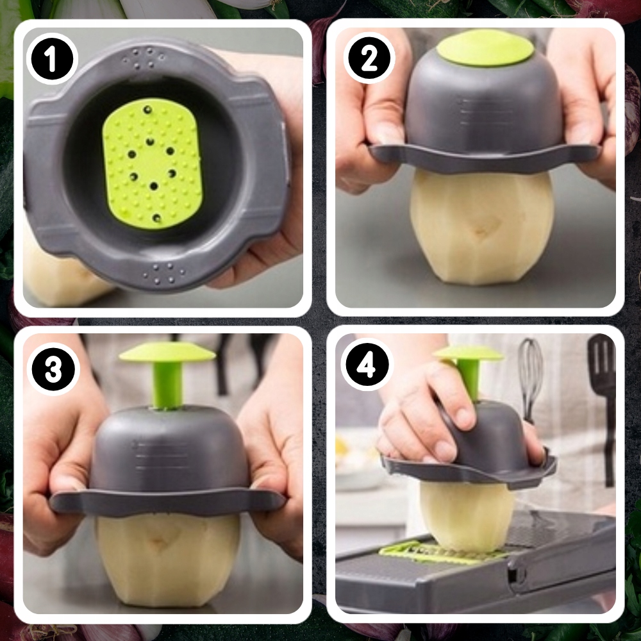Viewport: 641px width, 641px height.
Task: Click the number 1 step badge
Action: click(x=52, y=59)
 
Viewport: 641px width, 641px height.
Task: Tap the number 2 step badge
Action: click(x=369, y=58)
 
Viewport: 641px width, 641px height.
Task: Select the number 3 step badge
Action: click(x=53, y=369)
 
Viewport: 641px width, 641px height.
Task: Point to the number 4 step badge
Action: click(x=367, y=365)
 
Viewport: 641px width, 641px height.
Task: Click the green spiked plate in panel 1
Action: click(x=152, y=163)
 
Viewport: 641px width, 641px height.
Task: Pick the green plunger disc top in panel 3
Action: click(x=167, y=352)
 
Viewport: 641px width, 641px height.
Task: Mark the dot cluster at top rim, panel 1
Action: click(x=144, y=58)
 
